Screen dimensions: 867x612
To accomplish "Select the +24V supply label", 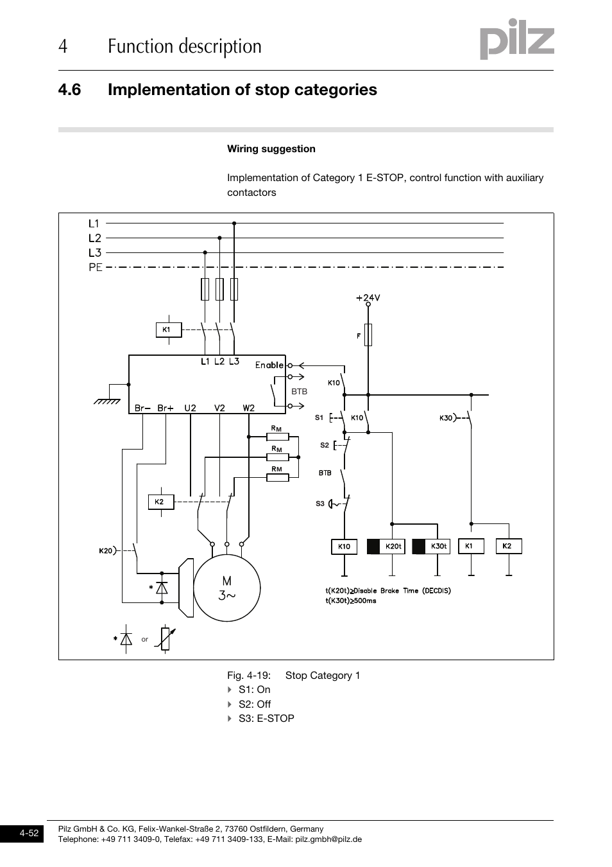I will point(368,297).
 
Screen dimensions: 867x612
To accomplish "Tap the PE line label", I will point(96,267).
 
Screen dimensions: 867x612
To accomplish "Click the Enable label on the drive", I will point(269,365).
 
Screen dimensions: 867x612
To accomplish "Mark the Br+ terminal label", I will point(166,408).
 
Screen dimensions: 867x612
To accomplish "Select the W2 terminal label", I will point(248,408).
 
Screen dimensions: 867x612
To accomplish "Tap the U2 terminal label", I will point(190,408).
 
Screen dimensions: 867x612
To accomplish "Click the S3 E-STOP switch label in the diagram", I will point(319,504).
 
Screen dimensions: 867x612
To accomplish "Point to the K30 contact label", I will point(446,418).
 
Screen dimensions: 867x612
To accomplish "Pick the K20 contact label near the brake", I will point(106,550).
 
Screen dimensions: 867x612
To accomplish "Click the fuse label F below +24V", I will point(359,335).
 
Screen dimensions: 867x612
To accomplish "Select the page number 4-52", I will point(30,834).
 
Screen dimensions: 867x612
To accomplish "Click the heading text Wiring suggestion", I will point(271,149).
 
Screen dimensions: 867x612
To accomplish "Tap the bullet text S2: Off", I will point(254,704).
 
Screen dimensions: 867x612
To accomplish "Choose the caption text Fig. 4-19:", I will point(248,675).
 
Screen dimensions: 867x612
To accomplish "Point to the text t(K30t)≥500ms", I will point(350,600).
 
